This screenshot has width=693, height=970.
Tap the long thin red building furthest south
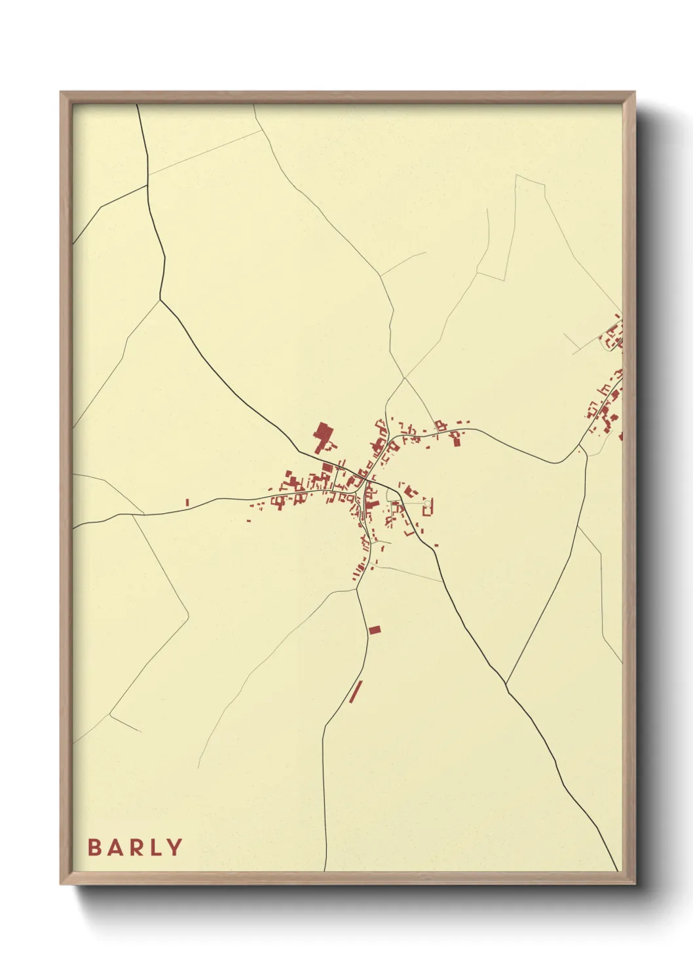(x=356, y=691)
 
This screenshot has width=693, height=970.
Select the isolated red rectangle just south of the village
(x=374, y=630)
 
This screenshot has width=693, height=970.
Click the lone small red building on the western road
(x=187, y=502)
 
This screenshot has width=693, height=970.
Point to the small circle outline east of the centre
(x=428, y=503)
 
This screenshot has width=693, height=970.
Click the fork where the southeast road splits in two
(x=506, y=686)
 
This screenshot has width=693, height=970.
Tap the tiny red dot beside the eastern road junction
(x=579, y=451)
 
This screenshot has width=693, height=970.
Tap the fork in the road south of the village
(x=358, y=589)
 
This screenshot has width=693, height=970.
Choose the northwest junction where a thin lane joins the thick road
(x=160, y=300)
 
